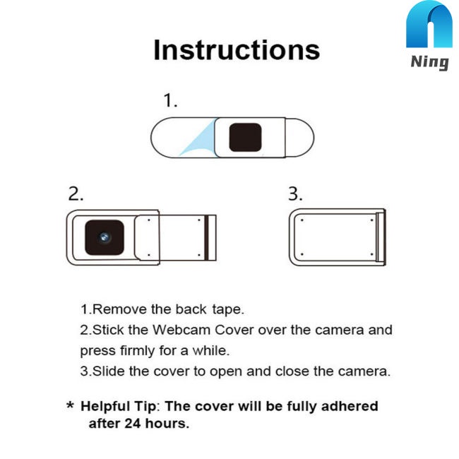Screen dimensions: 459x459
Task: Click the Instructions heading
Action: (237, 50)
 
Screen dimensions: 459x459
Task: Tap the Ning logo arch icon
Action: (429, 26)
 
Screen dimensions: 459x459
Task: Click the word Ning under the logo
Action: (429, 62)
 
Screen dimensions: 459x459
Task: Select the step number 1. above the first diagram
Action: (170, 101)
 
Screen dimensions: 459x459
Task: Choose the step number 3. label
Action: (296, 194)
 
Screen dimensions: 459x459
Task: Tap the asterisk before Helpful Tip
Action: (70, 407)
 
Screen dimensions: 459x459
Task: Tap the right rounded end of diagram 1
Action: (304, 137)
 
